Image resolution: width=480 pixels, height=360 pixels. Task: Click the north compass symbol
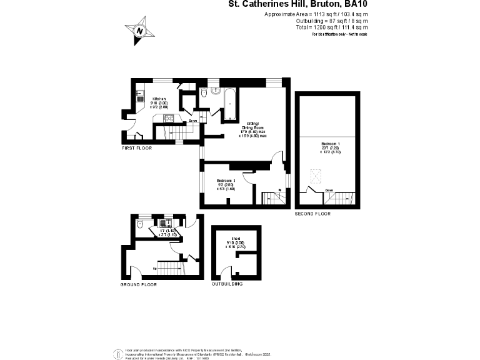click(x=139, y=31)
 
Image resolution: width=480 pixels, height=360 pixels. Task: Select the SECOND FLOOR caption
click(x=312, y=214)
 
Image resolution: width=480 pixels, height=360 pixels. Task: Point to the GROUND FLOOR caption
click(x=138, y=284)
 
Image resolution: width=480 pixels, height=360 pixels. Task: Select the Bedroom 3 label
click(x=225, y=181)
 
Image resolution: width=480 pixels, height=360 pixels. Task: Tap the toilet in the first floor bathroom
click(x=204, y=92)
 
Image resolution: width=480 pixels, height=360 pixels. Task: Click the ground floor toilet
click(x=140, y=222)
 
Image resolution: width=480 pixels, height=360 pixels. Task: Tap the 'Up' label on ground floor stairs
click(x=154, y=269)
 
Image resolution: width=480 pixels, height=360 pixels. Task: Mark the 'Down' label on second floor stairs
click(x=329, y=191)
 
